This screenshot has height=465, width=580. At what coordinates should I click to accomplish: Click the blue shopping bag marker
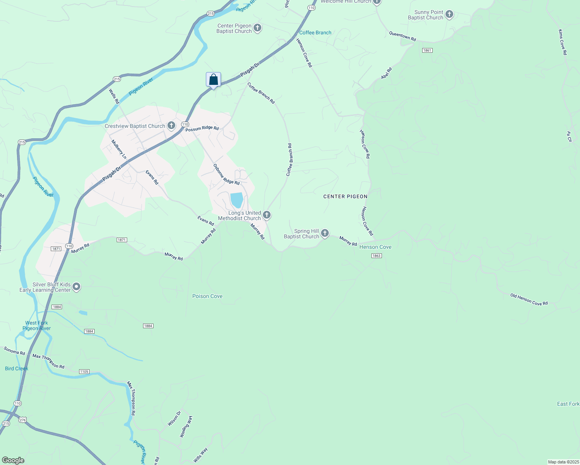213,80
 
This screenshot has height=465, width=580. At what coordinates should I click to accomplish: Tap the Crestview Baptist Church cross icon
171,126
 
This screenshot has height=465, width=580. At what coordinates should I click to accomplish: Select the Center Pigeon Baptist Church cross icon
257,28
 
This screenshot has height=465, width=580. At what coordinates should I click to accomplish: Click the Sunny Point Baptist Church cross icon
449,15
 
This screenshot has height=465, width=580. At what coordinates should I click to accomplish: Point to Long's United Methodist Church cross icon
266,215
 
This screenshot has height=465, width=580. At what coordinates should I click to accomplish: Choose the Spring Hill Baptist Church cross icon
325,233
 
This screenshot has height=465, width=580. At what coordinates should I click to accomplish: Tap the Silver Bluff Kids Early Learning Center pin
76,287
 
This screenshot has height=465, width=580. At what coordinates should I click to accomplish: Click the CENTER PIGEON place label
345,196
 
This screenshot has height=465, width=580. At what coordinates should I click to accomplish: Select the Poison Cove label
207,296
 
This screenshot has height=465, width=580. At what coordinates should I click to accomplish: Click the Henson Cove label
375,247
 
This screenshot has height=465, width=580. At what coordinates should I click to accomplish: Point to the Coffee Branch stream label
315,33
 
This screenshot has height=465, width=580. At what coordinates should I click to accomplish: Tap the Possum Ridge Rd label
202,129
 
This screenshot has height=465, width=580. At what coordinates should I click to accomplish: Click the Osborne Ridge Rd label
226,174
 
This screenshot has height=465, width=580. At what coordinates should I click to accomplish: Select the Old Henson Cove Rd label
529,300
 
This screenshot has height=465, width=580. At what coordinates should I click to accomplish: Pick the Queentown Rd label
402,36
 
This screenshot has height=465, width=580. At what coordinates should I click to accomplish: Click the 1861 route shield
427,50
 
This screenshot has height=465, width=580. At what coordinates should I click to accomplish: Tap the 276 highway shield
22,420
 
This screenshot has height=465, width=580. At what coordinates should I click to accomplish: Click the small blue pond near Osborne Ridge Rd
236,200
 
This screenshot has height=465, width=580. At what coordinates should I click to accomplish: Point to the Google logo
13,460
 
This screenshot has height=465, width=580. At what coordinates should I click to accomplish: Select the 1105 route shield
84,372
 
